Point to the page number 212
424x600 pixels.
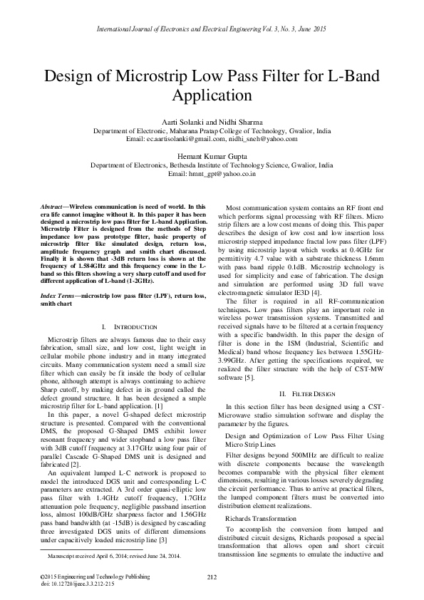(212, 576)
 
